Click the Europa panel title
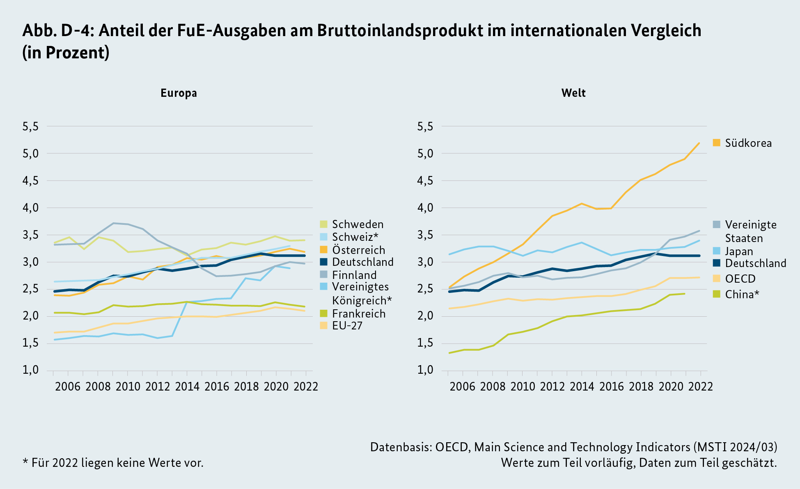coord(179,93)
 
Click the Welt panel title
coord(573,93)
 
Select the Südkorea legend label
coord(748,143)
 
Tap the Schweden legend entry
coord(358,224)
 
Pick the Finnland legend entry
coord(354,275)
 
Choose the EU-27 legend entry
coord(347,326)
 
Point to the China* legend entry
coord(742,294)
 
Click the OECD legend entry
coord(740,279)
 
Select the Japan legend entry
coord(739,251)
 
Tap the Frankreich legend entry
coord(358,314)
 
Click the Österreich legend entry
coord(358,250)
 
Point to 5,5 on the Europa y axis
coord(31,126)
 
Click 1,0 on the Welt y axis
coord(425,370)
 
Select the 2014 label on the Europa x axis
coord(187,386)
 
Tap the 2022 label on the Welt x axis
coord(700,386)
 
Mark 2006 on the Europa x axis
coord(68,386)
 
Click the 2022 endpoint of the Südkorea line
coord(699,143)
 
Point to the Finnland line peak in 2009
coord(113,223)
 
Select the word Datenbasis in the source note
coord(400,447)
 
